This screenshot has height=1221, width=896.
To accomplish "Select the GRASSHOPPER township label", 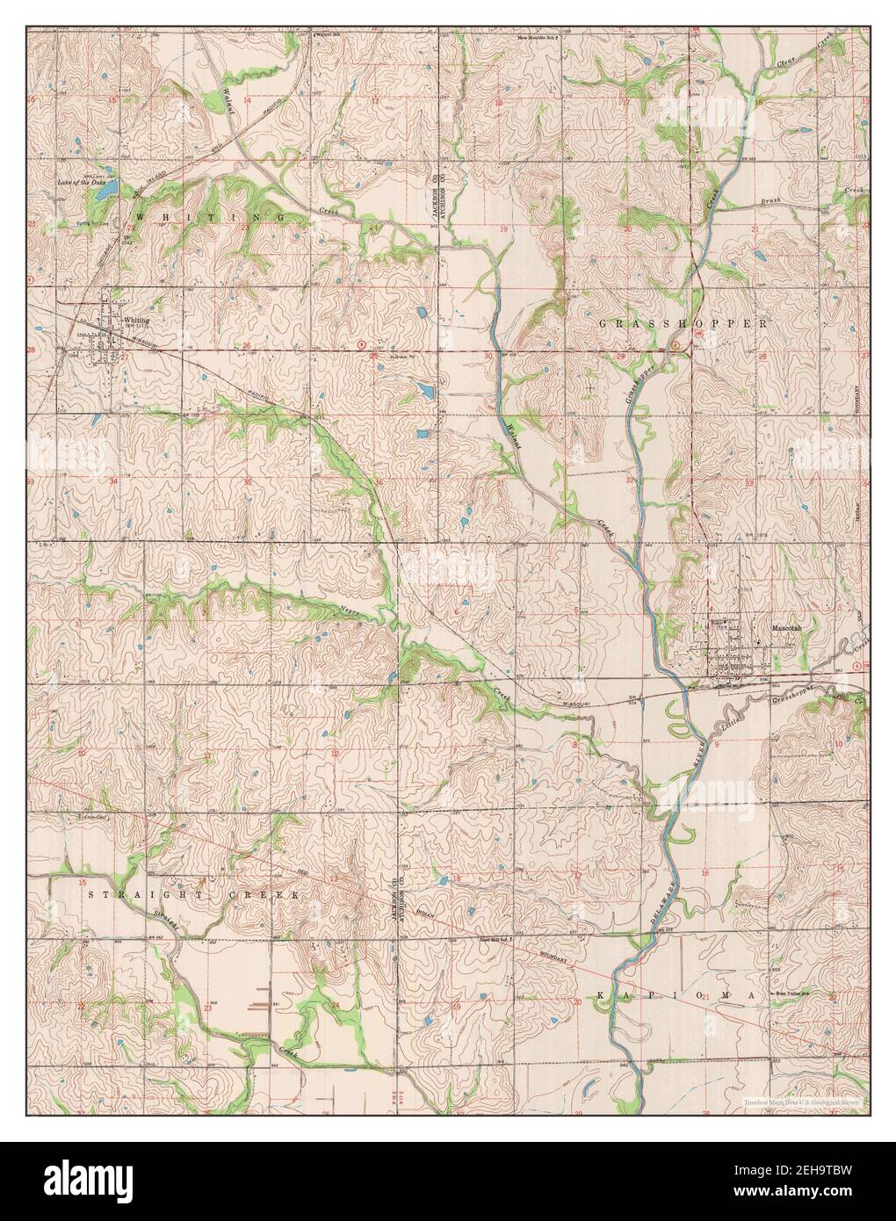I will [682, 323].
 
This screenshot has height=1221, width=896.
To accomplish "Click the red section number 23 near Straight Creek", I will [207, 1009].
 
